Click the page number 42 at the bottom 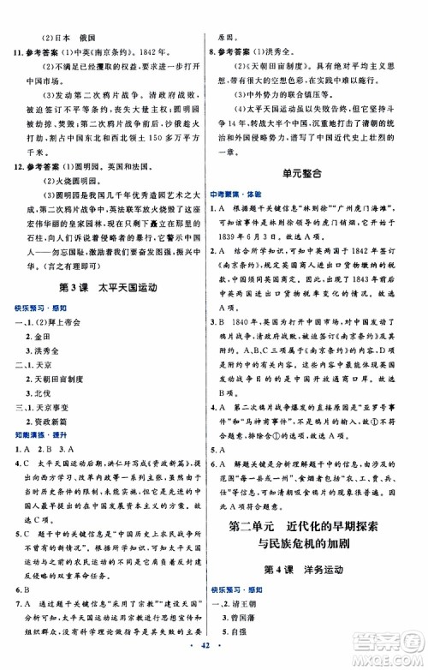pyautogui.click(x=213, y=657)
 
